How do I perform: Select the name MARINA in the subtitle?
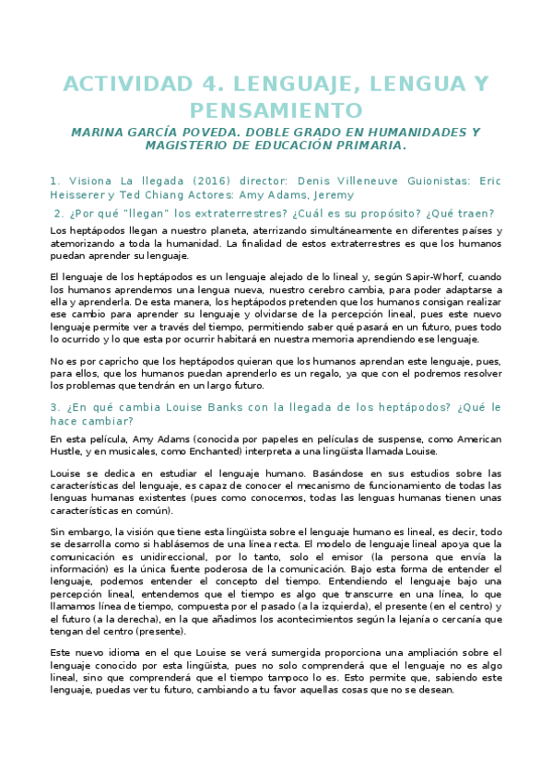pyautogui.click(x=100, y=133)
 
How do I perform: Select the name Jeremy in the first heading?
pyautogui.click(x=332, y=195)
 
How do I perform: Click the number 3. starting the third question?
pyautogui.click(x=55, y=407)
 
